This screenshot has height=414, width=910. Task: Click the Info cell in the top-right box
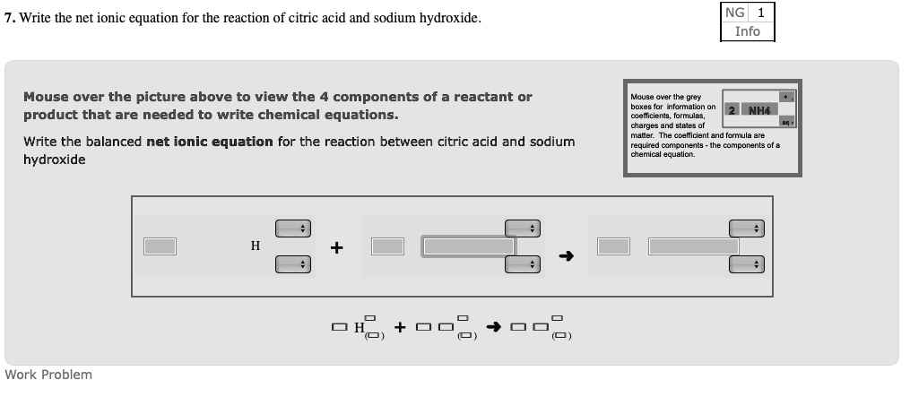coord(747,31)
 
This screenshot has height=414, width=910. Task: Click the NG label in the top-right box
coord(734,13)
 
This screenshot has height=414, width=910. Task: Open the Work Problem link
coord(48,375)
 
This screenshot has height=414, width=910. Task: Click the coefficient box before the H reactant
coord(160,246)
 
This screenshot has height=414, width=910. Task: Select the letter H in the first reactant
coord(256,246)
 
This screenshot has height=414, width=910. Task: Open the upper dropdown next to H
coord(292,229)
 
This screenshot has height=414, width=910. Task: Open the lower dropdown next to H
coord(292,264)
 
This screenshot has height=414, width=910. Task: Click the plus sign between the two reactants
coord(337,247)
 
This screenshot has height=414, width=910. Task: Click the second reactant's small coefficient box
coord(388,246)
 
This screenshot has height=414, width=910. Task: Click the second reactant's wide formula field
coord(469,246)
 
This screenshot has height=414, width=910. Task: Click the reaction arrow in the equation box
coord(566,256)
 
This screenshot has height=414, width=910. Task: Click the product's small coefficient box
coord(614,246)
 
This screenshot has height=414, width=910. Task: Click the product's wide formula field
coord(694,246)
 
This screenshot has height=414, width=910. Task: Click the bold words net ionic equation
coord(210,142)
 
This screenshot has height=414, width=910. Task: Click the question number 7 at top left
coord(9,19)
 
